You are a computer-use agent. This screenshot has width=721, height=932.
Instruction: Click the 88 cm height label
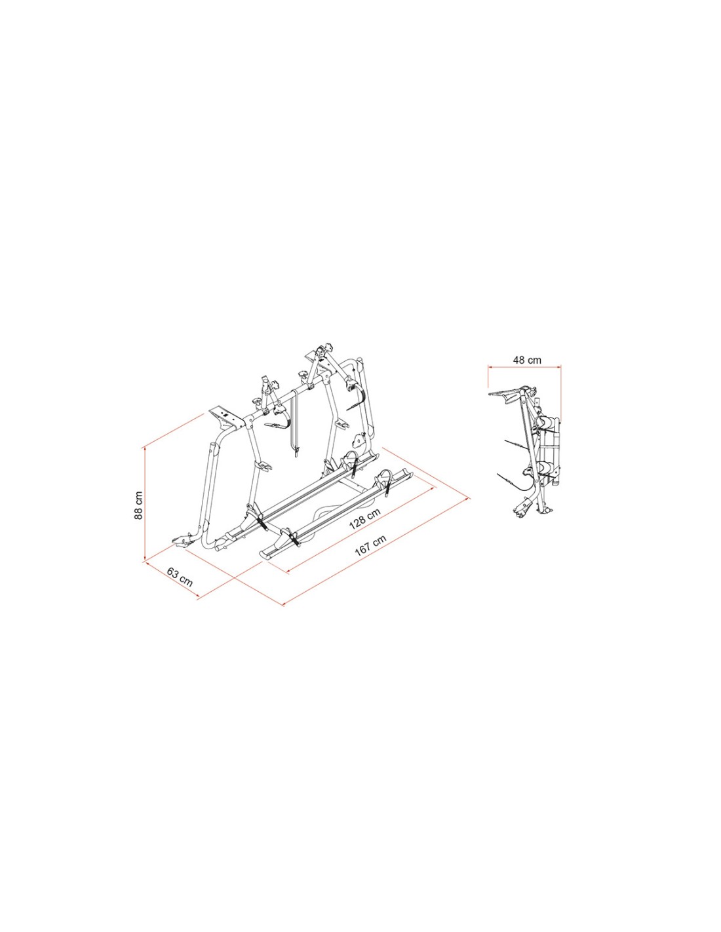point(138,505)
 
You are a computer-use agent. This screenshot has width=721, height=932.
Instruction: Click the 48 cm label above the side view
point(527,360)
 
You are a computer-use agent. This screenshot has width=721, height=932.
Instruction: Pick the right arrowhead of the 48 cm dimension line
point(558,366)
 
